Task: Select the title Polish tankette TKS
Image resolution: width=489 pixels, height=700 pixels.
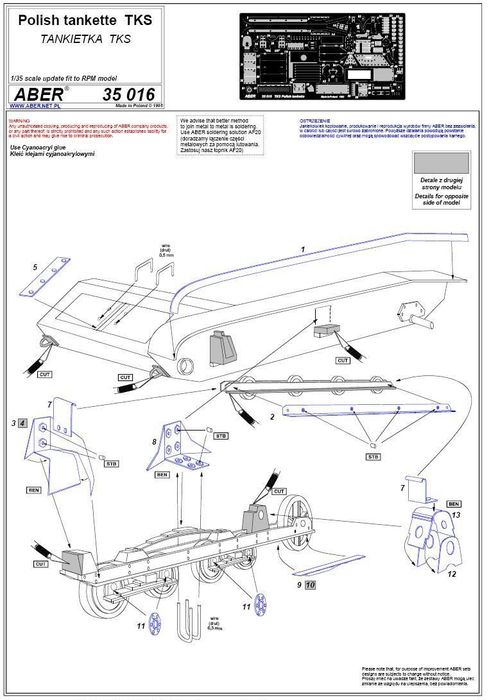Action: point(85,21)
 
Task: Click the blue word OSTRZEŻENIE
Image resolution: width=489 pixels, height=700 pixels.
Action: point(314,121)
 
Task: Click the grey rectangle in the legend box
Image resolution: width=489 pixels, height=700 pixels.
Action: point(441,163)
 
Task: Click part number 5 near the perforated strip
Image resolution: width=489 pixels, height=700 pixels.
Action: point(35,267)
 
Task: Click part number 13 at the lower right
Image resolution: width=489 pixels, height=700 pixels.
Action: point(457,515)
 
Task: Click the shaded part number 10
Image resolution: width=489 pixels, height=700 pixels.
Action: point(310,585)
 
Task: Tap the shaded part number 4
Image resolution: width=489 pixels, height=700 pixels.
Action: point(22,423)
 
